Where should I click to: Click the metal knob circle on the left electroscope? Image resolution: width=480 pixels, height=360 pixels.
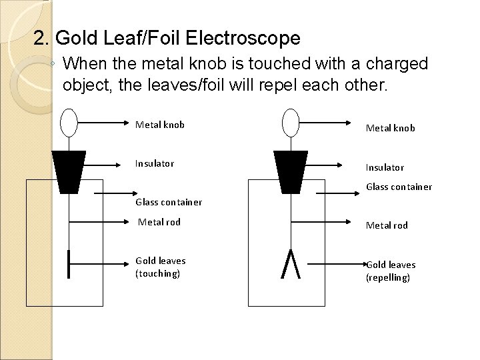[69, 123]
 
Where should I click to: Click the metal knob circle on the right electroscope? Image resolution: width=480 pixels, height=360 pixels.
[291, 123]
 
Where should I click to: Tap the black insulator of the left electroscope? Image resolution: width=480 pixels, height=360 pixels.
[69, 169]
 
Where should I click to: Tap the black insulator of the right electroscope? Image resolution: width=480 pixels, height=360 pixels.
[291, 169]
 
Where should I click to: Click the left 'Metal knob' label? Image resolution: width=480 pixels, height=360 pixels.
[160, 125]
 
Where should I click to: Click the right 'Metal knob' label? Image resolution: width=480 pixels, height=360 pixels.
[391, 127]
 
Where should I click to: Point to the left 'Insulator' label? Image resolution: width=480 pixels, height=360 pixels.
[155, 163]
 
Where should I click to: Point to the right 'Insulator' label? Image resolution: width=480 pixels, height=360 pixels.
[385, 167]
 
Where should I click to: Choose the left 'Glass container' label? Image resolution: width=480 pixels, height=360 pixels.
[169, 202]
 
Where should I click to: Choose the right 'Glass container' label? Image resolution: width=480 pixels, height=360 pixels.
[399, 187]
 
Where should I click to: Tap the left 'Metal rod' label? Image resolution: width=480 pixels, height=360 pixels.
[159, 222]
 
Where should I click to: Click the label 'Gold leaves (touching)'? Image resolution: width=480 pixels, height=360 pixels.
[161, 267]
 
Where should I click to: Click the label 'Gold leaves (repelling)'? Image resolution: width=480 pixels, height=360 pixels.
[390, 271]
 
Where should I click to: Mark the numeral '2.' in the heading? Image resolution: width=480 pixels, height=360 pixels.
[42, 38]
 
